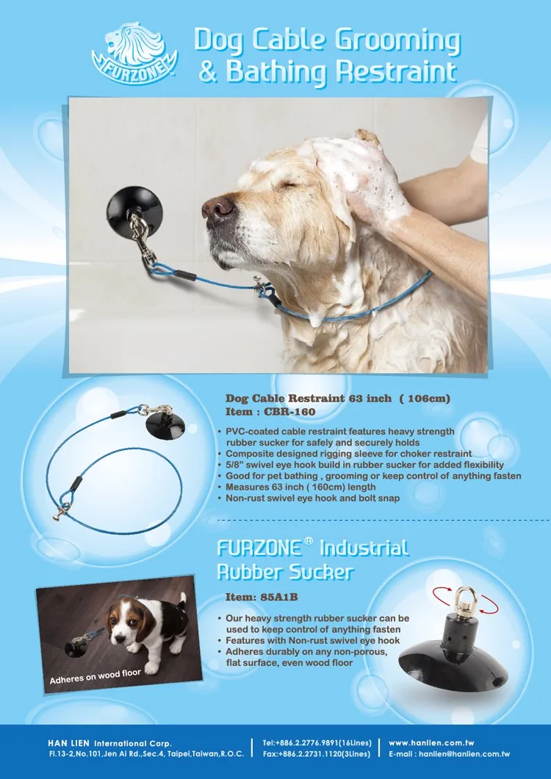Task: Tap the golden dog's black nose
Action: (217, 208)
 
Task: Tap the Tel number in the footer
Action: (315, 743)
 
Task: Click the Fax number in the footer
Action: (316, 754)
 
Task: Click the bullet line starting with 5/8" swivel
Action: (364, 465)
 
